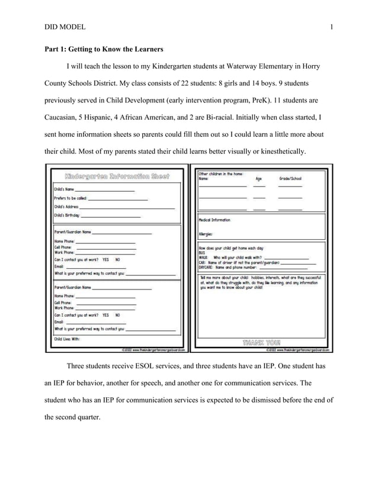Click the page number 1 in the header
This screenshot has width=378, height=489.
coord(331,27)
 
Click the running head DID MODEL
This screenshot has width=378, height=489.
coord(65,27)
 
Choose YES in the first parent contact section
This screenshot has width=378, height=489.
coord(105,259)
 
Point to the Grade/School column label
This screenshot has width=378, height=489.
coord(290,178)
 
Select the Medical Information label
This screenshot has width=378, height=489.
coord(214,220)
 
